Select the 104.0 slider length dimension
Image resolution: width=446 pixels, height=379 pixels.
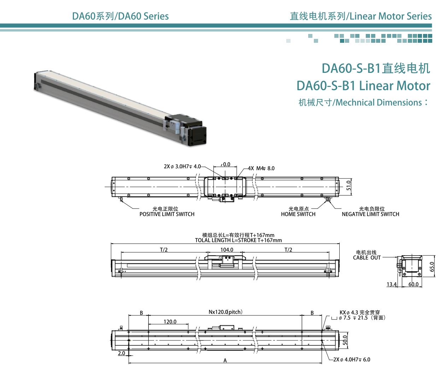[227, 250]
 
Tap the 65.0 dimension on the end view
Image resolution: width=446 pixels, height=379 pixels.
[432, 267]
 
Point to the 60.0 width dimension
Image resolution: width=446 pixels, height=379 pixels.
[413, 284]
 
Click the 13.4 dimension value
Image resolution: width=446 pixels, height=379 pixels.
[391, 284]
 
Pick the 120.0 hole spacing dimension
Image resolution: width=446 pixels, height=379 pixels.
[170, 322]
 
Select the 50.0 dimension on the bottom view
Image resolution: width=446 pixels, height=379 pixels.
[345, 340]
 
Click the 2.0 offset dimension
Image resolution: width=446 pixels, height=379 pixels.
[121, 353]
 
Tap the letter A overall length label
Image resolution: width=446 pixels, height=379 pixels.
[225, 361]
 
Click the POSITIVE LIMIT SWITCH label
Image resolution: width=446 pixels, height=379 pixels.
[167, 214]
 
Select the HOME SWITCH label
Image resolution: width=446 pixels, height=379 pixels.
[298, 214]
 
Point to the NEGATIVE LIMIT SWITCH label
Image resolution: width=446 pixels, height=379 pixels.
[370, 214]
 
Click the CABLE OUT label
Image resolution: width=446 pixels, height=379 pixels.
[367, 258]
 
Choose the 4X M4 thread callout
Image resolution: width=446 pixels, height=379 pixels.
[261, 168]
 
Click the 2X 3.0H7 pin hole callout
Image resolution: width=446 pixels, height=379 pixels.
[182, 167]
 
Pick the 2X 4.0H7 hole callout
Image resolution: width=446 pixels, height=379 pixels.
[352, 360]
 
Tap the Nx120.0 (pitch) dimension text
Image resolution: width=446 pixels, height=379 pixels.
[225, 312]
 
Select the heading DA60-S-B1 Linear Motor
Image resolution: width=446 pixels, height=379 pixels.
[363, 86]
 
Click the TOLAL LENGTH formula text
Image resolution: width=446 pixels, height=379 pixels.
[238, 240]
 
